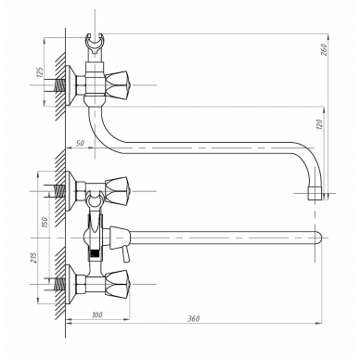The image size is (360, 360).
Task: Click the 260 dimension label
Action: pos(324,49)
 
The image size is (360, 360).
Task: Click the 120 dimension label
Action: pos(320,124)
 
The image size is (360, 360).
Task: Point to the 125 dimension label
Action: pos(40,71)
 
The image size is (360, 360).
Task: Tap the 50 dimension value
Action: pos(80,143)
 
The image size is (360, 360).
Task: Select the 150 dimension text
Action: pos(44,222)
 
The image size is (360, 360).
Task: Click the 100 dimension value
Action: pos(97,315)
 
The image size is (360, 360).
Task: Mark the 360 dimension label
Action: pos(194,318)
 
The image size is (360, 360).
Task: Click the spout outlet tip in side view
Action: pos(315,193)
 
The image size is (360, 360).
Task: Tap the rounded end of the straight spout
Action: pos(318,238)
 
